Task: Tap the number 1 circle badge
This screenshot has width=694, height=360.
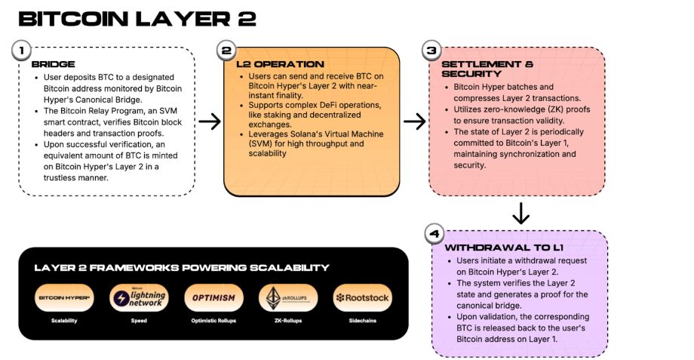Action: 23,51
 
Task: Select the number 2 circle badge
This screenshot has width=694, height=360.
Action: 226,51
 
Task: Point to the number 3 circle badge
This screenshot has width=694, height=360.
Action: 431,51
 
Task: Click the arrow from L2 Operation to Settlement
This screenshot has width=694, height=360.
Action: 414,120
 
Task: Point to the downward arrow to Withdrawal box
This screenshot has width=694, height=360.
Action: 520,214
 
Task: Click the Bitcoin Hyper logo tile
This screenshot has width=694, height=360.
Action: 64,297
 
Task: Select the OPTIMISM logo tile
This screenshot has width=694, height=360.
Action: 213,297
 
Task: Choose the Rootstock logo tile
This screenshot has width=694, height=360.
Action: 362,297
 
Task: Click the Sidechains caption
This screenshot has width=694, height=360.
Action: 362,321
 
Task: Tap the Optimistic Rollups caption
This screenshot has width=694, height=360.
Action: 213,321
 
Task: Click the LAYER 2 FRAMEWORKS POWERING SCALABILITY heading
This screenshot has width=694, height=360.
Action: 181,267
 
